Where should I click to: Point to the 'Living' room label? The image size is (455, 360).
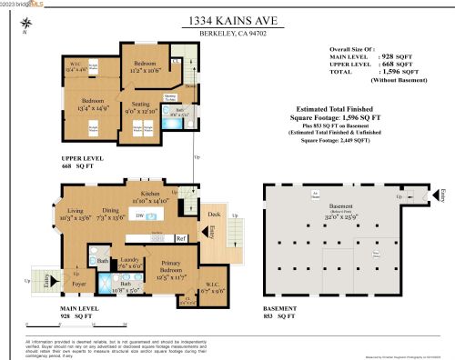point(70,210)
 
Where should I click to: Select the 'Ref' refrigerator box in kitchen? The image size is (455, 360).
point(180,238)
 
